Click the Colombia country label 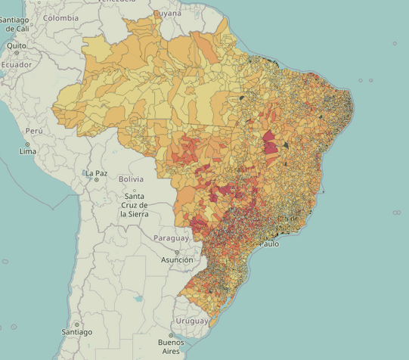pyautogui.click(x=61, y=17)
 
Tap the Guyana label pyautogui.click(x=167, y=14)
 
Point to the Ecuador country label pyautogui.click(x=16, y=65)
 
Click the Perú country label pyautogui.click(x=34, y=131)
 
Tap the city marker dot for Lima pyautogui.click(x=28, y=144)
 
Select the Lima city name pyautogui.click(x=28, y=151)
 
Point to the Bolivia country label pyautogui.click(x=131, y=179)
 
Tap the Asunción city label pyautogui.click(x=177, y=260)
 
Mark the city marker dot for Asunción pyautogui.click(x=177, y=253)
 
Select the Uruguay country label pyautogui.click(x=192, y=321)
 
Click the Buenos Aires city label pyautogui.click(x=171, y=346)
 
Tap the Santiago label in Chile pyautogui.click(x=76, y=332)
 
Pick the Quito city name pyautogui.click(x=16, y=45)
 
